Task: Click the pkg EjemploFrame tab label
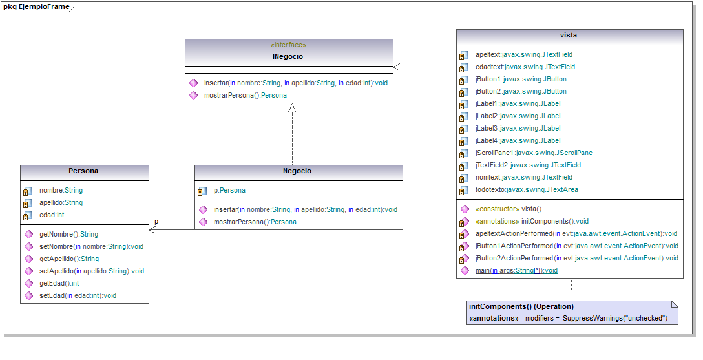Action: point(36,6)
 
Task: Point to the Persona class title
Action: point(83,171)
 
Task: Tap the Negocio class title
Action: point(297,171)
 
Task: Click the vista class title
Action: point(569,35)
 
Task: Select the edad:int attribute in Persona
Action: point(52,215)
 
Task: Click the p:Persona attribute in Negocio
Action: point(229,191)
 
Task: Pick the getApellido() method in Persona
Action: point(69,259)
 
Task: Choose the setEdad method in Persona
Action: point(78,295)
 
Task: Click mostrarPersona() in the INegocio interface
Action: point(246,95)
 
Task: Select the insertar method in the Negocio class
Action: point(305,209)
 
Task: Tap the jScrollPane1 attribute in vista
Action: point(534,153)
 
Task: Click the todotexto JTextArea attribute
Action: point(527,189)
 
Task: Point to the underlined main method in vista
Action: point(516,270)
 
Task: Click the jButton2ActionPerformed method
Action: point(576,258)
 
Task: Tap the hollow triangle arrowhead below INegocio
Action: point(292,108)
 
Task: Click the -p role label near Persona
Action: point(154,222)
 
